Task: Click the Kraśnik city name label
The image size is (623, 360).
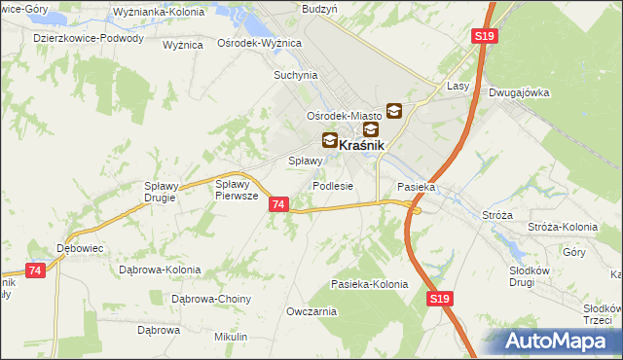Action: [363, 145]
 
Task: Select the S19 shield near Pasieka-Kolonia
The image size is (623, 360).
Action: [439, 303]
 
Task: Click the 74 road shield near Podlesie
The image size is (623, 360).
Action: [279, 204]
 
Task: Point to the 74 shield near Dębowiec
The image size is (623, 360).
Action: [36, 270]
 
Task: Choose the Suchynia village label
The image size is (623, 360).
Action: [296, 75]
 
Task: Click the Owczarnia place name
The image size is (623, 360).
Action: [311, 311]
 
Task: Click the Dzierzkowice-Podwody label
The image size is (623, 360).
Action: [88, 39]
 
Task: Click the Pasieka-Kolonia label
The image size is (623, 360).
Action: [369, 284]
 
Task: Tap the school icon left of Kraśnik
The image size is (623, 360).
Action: [330, 141]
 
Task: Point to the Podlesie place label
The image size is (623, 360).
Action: [332, 186]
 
